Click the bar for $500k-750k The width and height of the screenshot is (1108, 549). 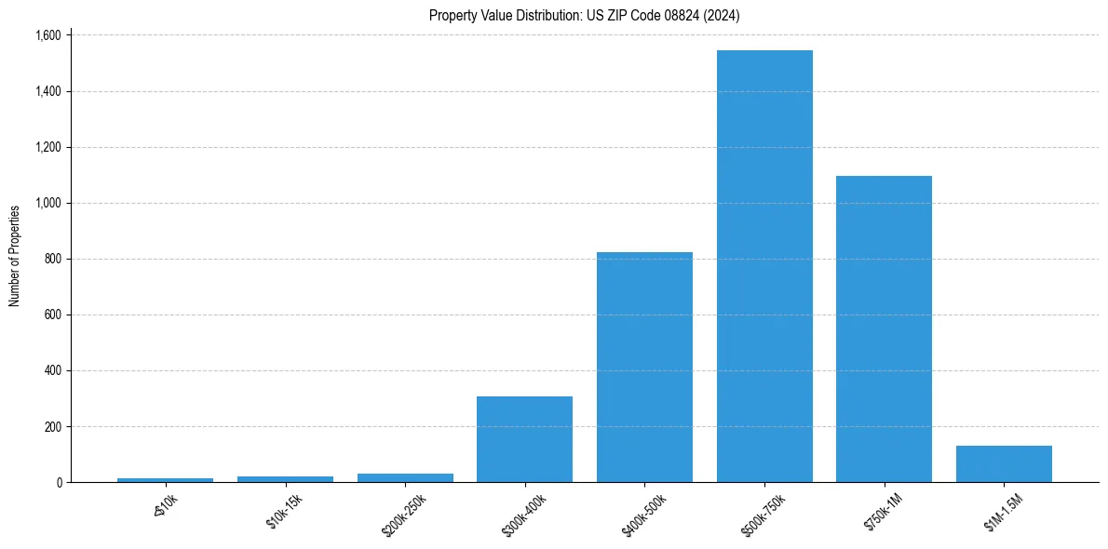pos(764,266)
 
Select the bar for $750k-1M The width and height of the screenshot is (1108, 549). pos(884,328)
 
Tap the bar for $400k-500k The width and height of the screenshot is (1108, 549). pos(644,367)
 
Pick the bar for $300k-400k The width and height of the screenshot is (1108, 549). pos(524,439)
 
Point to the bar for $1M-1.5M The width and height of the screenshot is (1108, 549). pos(1004,464)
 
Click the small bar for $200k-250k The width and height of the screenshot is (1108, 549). pos(405,478)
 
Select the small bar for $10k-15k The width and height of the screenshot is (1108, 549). pos(285,479)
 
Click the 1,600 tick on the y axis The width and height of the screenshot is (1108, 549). pos(48,35)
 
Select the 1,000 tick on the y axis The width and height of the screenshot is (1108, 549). pos(48,203)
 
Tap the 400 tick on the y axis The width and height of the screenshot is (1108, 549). pos(54,370)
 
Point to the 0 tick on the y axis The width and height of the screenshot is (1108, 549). pos(60,482)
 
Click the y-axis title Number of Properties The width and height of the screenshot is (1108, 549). pos(14,256)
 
